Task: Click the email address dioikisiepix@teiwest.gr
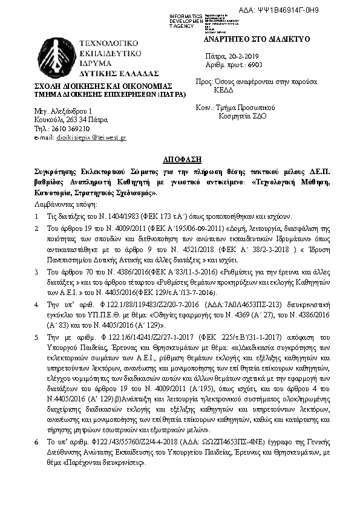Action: coord(91,138)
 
